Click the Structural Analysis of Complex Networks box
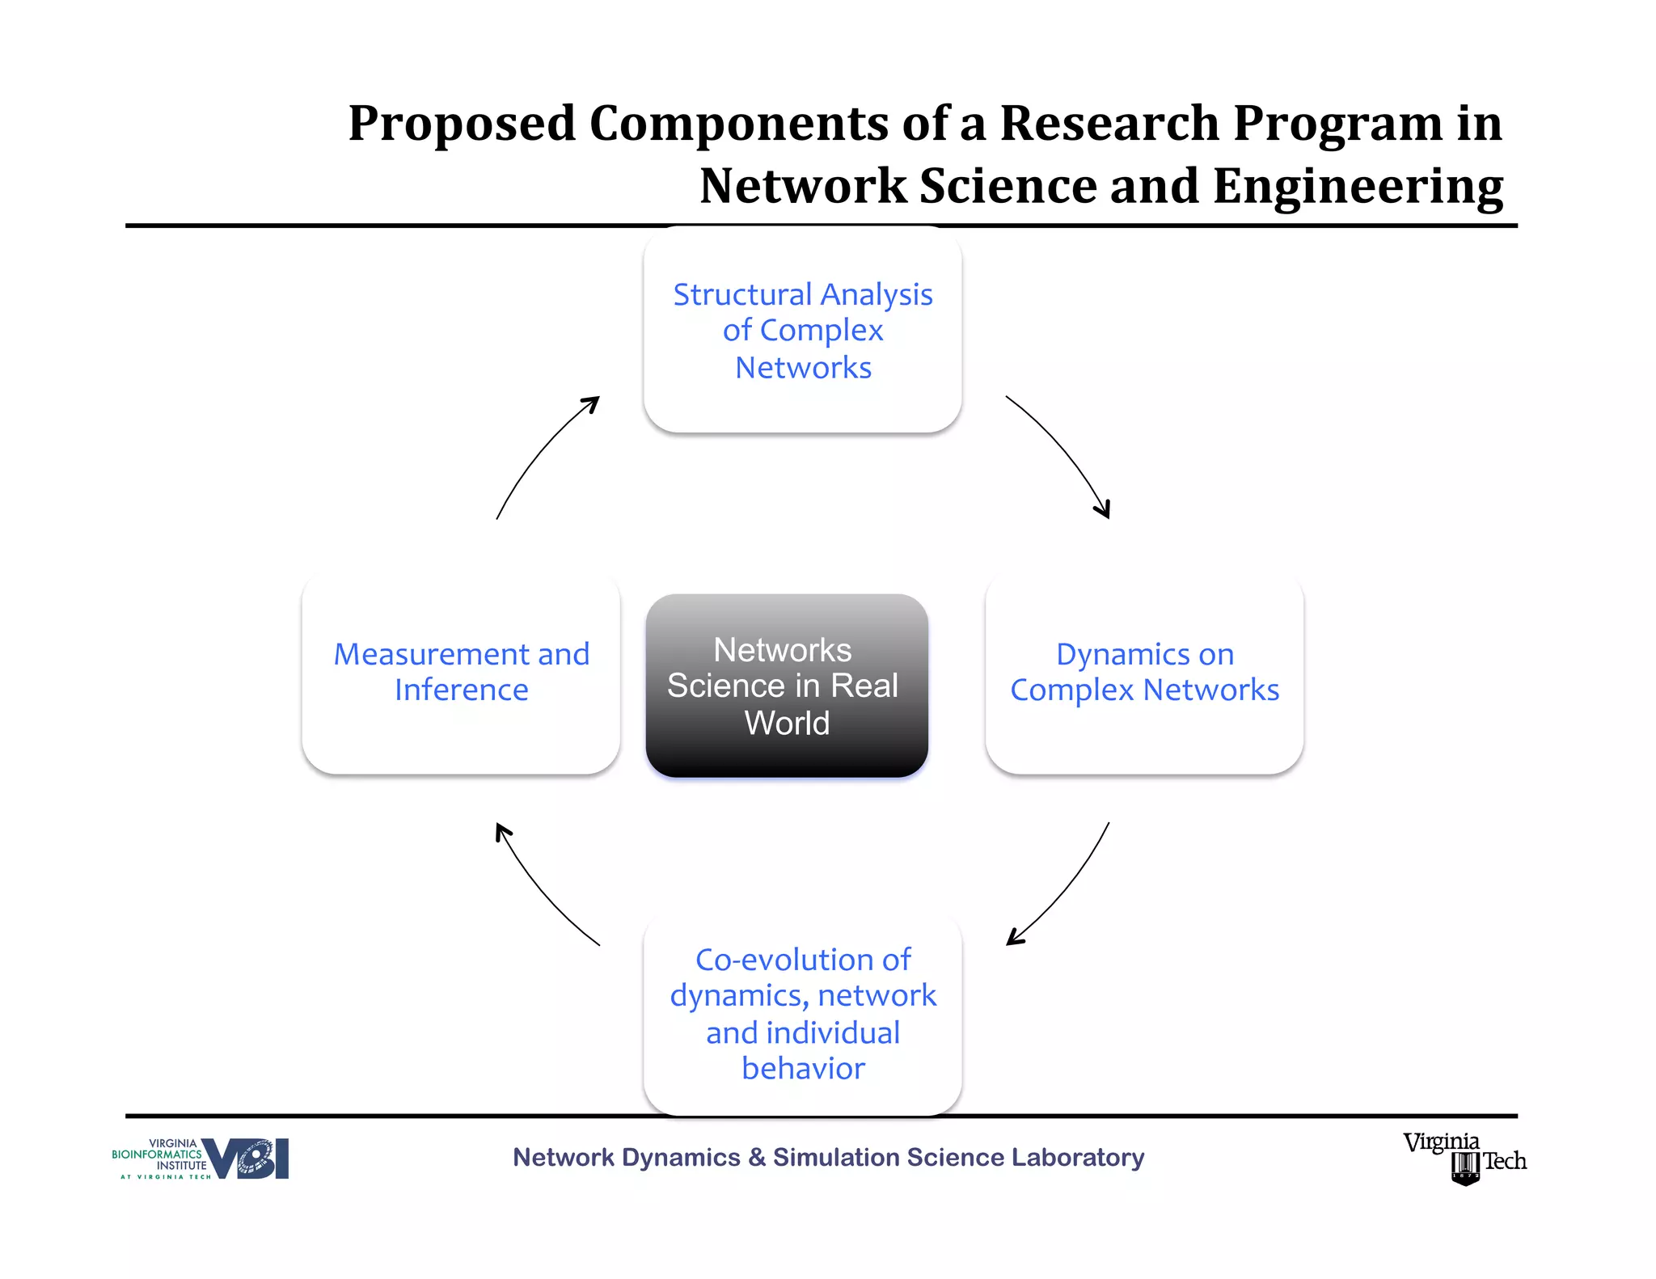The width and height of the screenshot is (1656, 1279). (x=802, y=330)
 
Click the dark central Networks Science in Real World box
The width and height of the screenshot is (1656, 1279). (x=786, y=686)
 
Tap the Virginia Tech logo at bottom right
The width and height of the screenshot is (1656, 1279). (x=1464, y=1159)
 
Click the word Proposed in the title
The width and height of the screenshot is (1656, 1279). (x=462, y=124)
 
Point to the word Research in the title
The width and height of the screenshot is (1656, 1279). (x=1109, y=124)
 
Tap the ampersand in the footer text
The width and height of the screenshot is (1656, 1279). (x=757, y=1158)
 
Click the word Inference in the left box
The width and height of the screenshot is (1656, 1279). (x=461, y=690)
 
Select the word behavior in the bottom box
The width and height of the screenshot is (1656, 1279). (x=803, y=1069)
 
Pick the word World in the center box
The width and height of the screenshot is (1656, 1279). (x=787, y=723)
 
